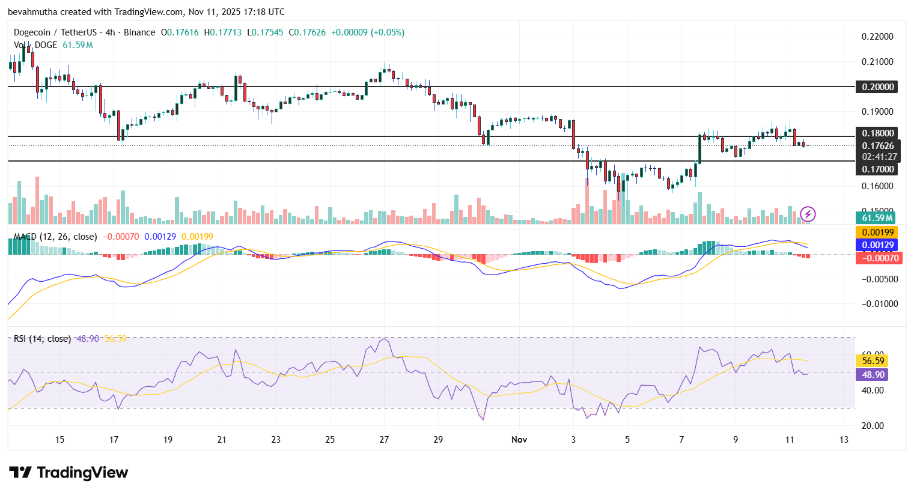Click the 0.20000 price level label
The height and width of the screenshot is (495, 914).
tap(877, 87)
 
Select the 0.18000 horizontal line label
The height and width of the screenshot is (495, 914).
tap(877, 133)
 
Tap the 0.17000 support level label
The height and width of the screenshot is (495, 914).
tap(877, 169)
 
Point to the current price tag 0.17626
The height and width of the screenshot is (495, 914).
tap(877, 146)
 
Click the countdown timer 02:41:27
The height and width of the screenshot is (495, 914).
tap(879, 157)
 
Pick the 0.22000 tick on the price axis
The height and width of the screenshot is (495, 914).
tap(877, 37)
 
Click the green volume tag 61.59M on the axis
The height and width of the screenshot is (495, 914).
tap(877, 218)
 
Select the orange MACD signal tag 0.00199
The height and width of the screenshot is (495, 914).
tap(878, 232)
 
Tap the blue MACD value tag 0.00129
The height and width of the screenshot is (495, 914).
tap(878, 245)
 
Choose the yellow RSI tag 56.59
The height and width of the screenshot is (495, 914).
tap(873, 361)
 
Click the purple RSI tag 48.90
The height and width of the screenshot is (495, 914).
tap(873, 375)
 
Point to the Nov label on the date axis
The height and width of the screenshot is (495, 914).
tap(519, 440)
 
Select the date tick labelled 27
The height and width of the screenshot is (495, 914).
tap(384, 440)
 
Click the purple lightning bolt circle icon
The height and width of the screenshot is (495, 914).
tap(808, 214)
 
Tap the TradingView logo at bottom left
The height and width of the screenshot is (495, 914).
tap(69, 473)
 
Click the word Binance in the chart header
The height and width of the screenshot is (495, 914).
tap(139, 32)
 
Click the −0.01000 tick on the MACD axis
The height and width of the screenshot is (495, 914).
tap(879, 304)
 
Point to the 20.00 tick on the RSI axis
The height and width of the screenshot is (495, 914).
tap(873, 426)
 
